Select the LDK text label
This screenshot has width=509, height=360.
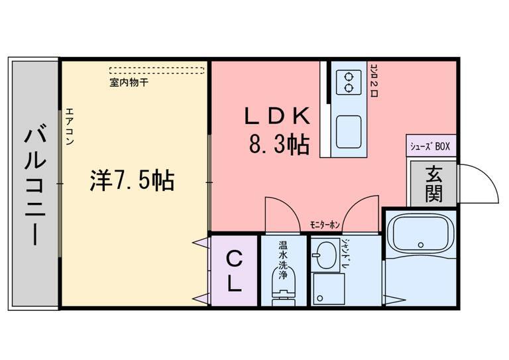278,115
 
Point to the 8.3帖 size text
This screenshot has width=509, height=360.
279,144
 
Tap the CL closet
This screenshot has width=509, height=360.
234,271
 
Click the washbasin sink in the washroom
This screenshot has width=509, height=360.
325,255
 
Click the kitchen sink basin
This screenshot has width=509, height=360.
348,131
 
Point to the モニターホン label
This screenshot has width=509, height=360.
325,226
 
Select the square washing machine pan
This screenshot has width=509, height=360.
329,288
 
